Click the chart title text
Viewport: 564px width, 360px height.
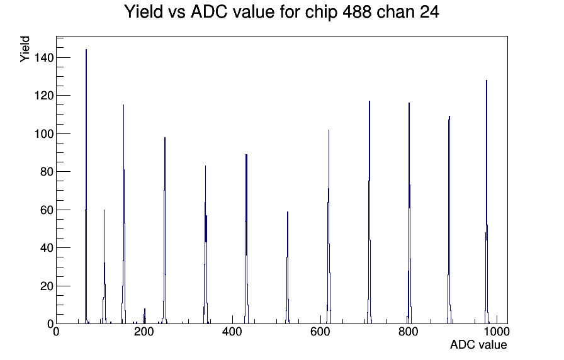click(x=281, y=12)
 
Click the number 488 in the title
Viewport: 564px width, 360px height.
click(x=357, y=12)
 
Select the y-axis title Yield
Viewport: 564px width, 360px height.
click(x=25, y=49)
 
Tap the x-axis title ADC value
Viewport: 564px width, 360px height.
click(x=478, y=344)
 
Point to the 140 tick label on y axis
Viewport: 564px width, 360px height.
click(x=44, y=57)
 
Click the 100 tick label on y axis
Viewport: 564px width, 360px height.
click(x=44, y=134)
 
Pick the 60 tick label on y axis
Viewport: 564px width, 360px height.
click(x=47, y=210)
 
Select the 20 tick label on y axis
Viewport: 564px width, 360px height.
click(x=47, y=286)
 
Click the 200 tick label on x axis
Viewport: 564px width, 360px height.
click(x=144, y=331)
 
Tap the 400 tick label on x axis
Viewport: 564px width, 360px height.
click(x=232, y=331)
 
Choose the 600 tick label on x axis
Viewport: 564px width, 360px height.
click(x=320, y=331)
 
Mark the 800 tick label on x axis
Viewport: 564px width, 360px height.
click(x=409, y=331)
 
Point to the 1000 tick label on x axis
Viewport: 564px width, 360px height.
click(x=497, y=331)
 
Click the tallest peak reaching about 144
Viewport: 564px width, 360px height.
click(x=86, y=187)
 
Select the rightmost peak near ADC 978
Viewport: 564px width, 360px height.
click(x=487, y=201)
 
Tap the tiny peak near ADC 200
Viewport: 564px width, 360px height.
click(x=145, y=317)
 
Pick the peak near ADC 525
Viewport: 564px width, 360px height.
click(x=288, y=268)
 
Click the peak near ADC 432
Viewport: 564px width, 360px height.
click(x=246, y=239)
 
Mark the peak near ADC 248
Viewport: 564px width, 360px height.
click(x=164, y=230)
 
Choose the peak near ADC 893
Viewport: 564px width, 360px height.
click(x=449, y=220)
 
